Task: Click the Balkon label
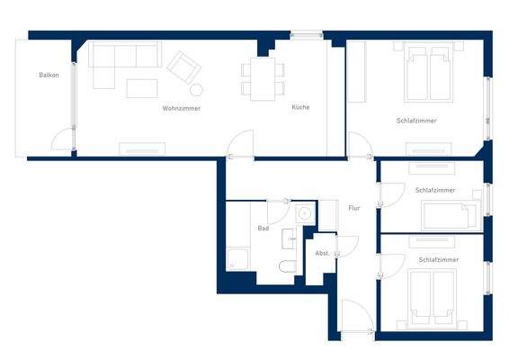pos(49,75)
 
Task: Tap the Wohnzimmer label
pos(181,108)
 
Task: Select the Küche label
pos(300,107)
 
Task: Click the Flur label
pos(354,208)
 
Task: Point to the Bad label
pos(263,228)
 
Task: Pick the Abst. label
pos(322,253)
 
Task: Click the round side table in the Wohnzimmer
pos(196,90)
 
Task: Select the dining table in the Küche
pos(263,77)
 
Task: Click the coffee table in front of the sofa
pos(142,88)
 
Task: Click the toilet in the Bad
pos(286,268)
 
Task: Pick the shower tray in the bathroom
pos(241,259)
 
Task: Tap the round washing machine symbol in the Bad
pos(304,213)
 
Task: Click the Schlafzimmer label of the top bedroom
pos(415,121)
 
